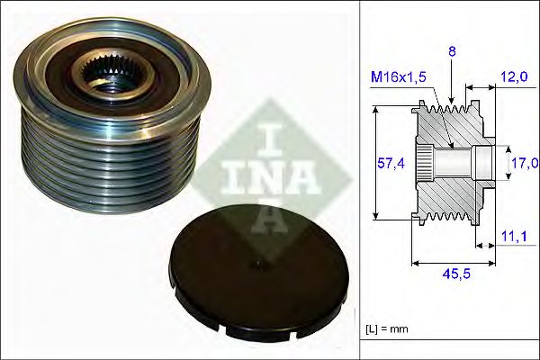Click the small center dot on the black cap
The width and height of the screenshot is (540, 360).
point(257,264)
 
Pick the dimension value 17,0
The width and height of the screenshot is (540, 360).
point(524,163)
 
